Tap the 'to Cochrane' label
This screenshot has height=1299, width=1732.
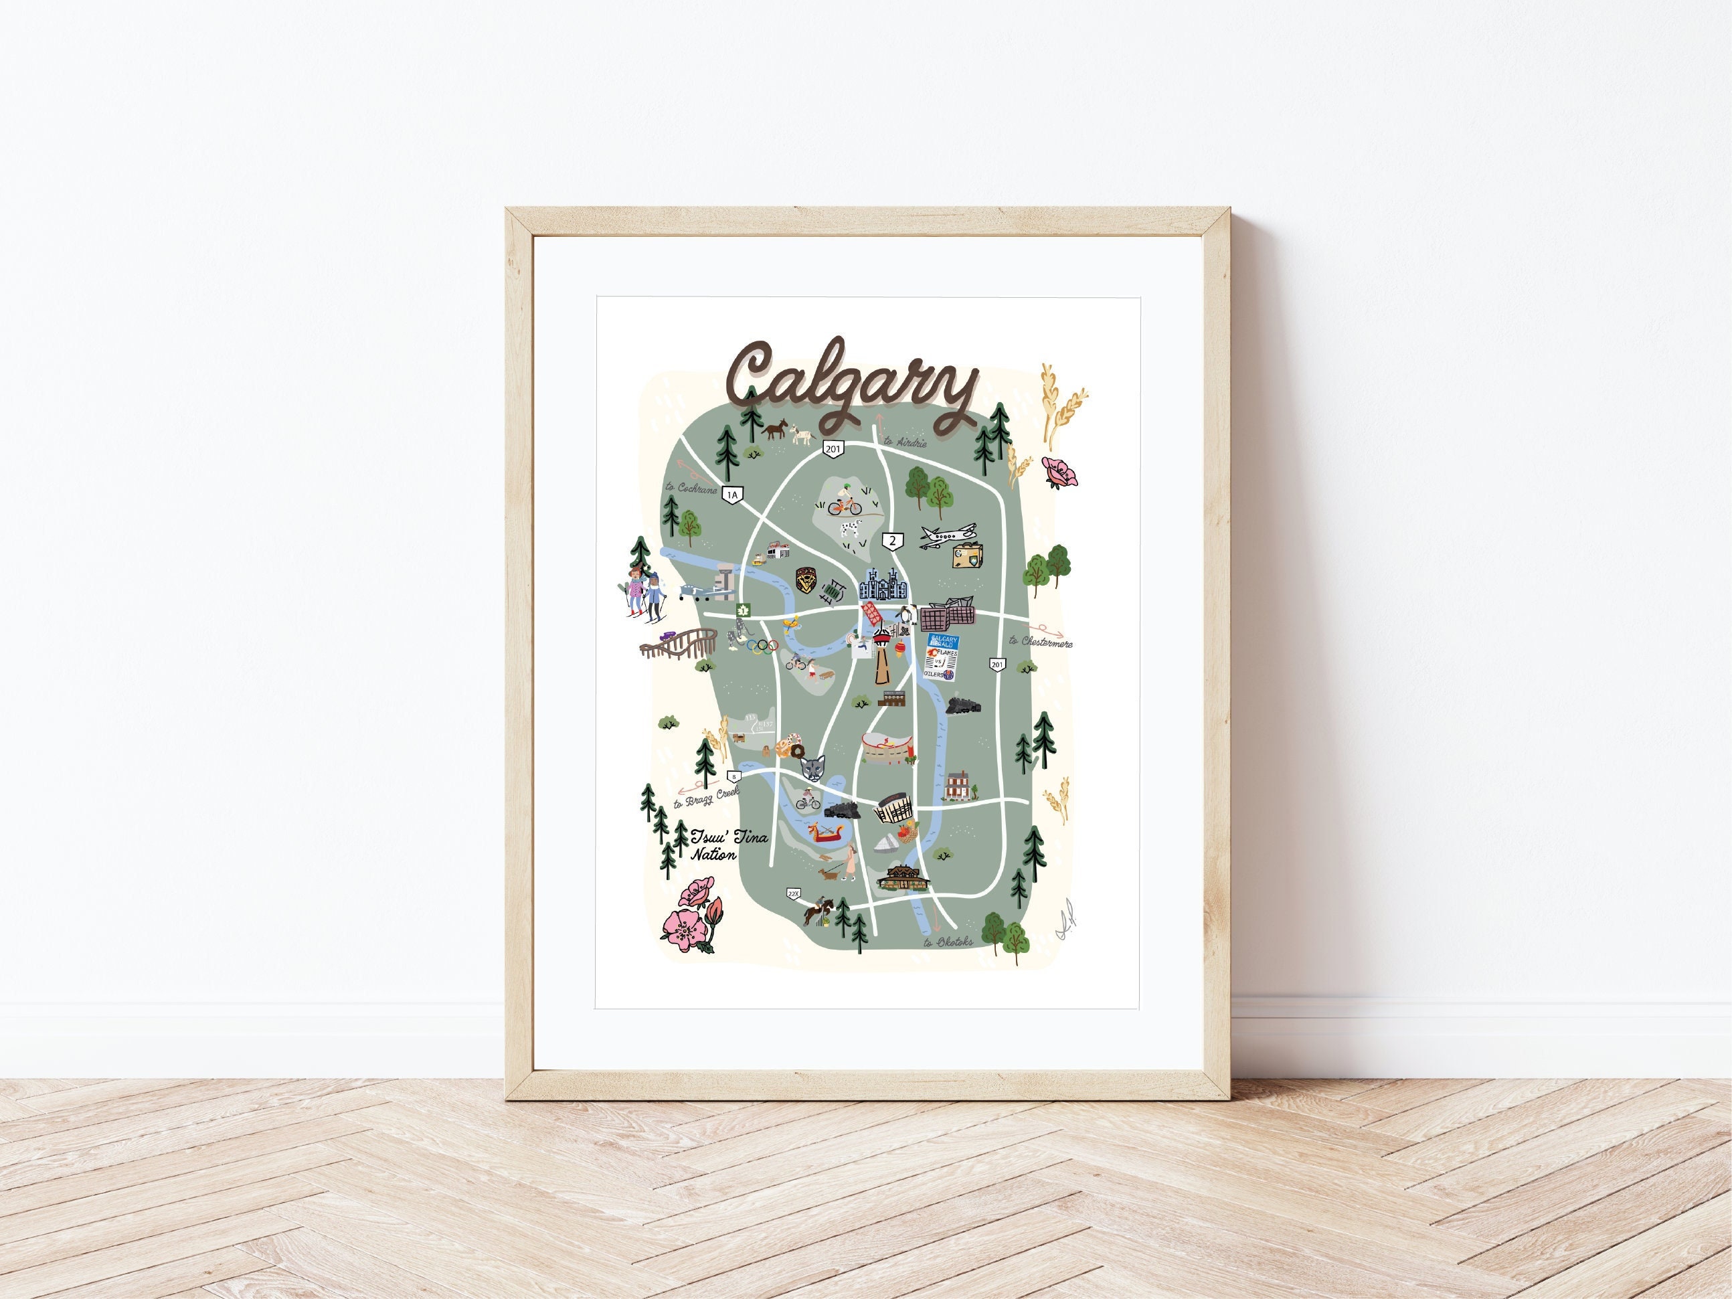coord(691,487)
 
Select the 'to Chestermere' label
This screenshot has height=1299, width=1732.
coord(1041,641)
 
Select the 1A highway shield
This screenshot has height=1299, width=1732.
coord(732,494)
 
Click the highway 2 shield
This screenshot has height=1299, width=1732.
coord(892,539)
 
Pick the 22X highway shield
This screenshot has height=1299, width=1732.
coord(793,893)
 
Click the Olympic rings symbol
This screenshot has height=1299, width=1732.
coord(760,645)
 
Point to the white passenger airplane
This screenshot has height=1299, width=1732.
coord(946,535)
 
